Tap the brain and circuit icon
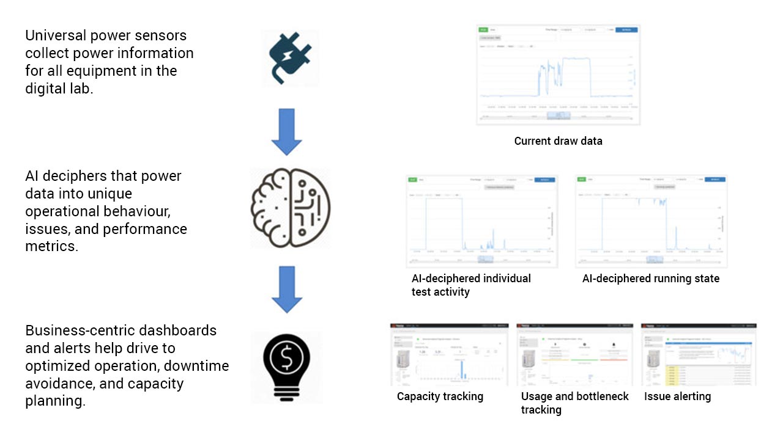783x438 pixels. [x=291, y=208]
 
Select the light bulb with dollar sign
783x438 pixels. [x=286, y=367]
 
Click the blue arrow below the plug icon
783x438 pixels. [x=286, y=132]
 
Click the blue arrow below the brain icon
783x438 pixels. [x=286, y=290]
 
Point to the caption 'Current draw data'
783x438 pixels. [x=558, y=141]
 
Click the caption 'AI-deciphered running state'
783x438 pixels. [x=651, y=279]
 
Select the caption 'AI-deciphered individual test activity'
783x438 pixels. [x=471, y=285]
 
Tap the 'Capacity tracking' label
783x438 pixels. [x=440, y=396]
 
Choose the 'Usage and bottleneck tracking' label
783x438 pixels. [x=574, y=403]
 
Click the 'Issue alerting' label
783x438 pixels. [x=677, y=396]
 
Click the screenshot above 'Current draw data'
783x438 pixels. [x=558, y=75]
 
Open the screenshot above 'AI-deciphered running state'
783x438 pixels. [x=651, y=221]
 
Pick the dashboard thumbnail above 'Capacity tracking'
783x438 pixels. [x=450, y=354]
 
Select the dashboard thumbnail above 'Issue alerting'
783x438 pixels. [x=699, y=354]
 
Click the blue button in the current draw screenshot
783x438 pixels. [x=626, y=29]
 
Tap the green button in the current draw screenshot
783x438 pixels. [x=483, y=29]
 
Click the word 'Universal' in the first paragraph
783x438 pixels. [x=53, y=35]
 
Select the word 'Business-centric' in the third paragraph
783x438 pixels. [x=76, y=330]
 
